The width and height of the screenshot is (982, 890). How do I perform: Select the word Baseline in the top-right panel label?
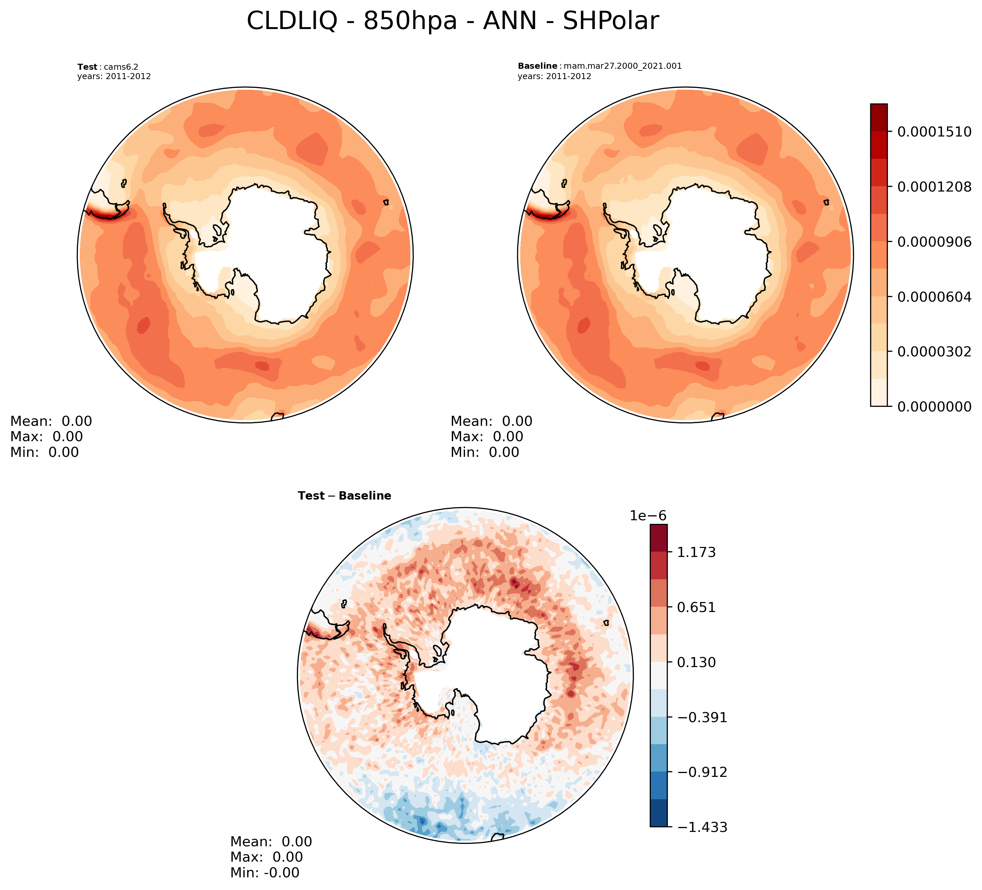click(x=537, y=66)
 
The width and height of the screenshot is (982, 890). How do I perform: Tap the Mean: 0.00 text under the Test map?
click(x=51, y=421)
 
